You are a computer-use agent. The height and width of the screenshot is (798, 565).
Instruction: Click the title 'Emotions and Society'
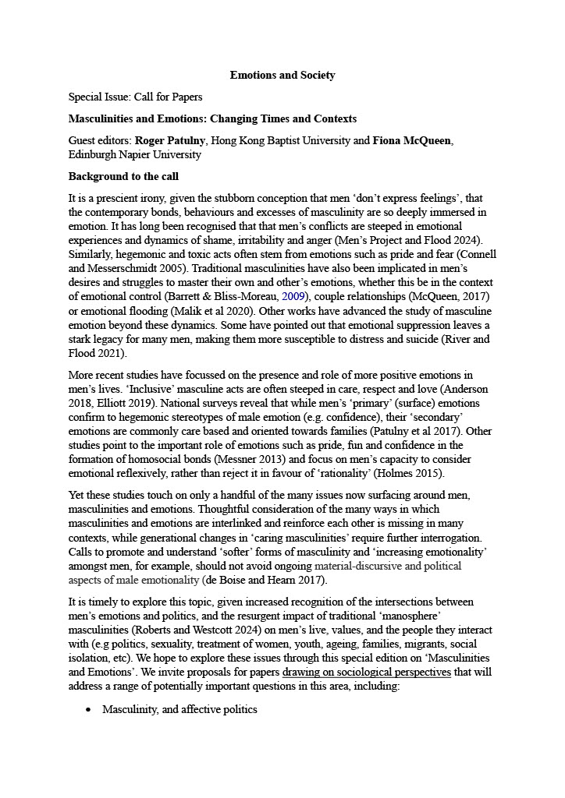[x=282, y=76]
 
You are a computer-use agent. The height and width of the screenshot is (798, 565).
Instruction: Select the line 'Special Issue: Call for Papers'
[x=135, y=97]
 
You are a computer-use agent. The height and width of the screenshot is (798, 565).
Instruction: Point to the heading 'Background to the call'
[x=123, y=176]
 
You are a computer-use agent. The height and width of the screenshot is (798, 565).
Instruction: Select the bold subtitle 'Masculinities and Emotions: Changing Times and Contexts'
[x=212, y=119]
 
